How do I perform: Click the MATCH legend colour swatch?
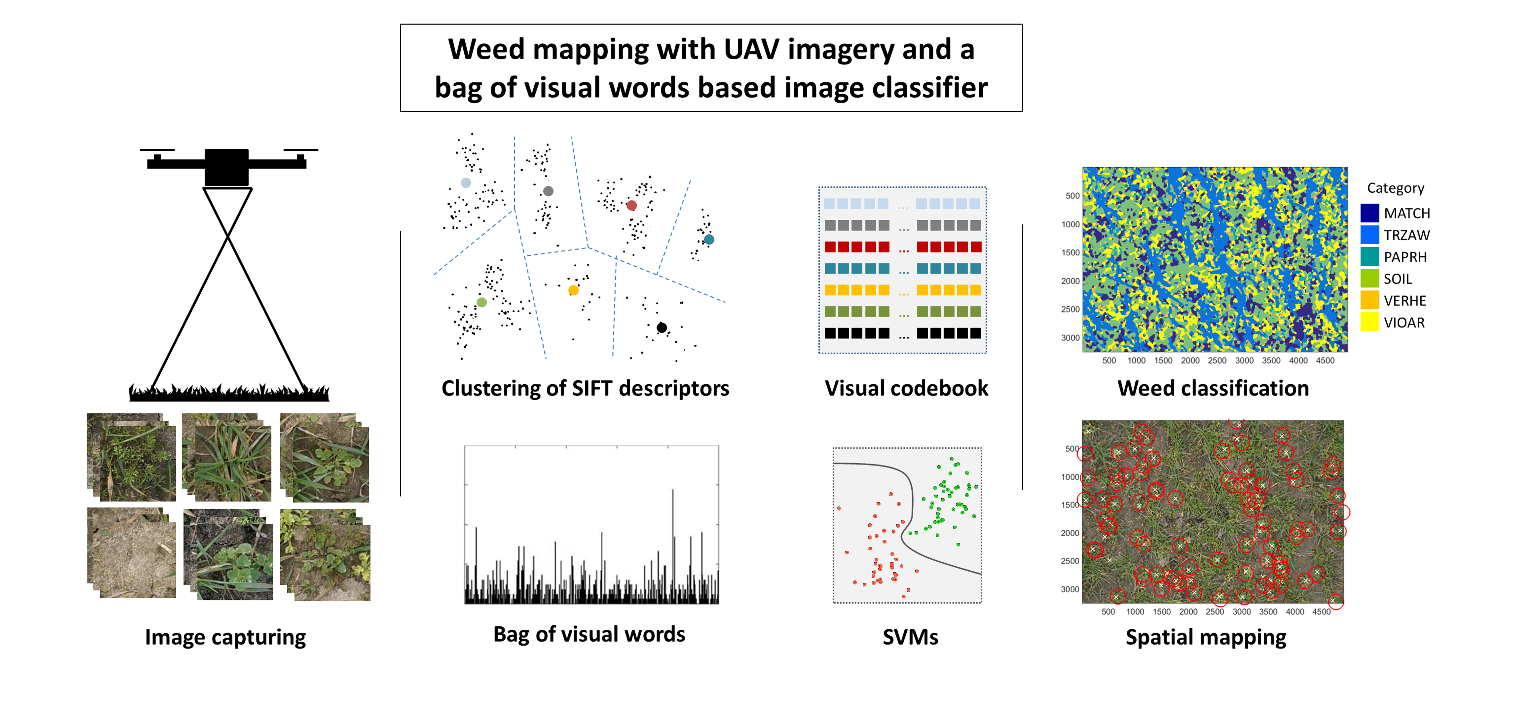(x=1369, y=213)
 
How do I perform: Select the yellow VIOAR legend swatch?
(x=1369, y=322)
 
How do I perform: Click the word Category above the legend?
(x=1395, y=188)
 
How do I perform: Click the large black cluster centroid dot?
(x=662, y=328)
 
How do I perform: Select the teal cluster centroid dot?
(x=709, y=239)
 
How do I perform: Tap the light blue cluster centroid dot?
(x=466, y=183)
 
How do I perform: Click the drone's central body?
(x=226, y=166)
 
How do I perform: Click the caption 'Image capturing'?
(x=225, y=637)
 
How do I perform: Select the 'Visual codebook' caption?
(x=906, y=388)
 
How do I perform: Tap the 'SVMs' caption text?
(x=910, y=637)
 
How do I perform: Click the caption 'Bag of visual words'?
(x=589, y=634)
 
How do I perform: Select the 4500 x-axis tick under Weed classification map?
(x=1325, y=360)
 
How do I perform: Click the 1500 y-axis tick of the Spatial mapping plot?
(x=1070, y=505)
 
